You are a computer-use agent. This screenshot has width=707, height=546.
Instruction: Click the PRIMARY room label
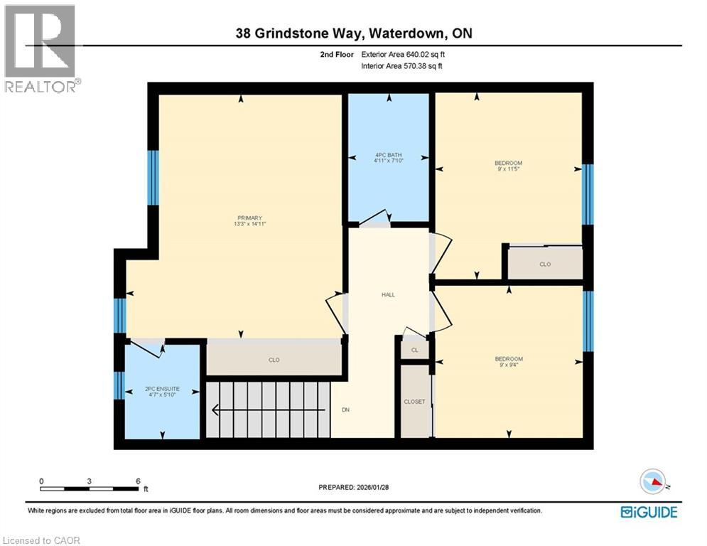tap(250, 218)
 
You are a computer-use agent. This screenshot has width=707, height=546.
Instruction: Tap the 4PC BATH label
tap(388, 155)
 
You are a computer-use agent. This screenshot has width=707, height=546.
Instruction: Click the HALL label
tap(388, 294)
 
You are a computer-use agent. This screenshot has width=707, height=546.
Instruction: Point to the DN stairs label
tap(346, 409)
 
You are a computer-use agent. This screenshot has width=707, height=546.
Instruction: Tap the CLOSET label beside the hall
tap(414, 402)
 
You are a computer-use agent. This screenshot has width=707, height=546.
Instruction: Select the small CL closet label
tap(415, 350)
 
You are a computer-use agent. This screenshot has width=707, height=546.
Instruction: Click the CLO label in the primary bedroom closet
tap(274, 360)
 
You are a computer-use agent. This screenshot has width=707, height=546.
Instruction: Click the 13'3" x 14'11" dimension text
tap(250, 224)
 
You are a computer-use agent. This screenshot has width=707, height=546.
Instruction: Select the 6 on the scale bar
tap(138, 481)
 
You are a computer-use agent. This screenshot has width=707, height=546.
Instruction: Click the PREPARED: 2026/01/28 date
tap(355, 487)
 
